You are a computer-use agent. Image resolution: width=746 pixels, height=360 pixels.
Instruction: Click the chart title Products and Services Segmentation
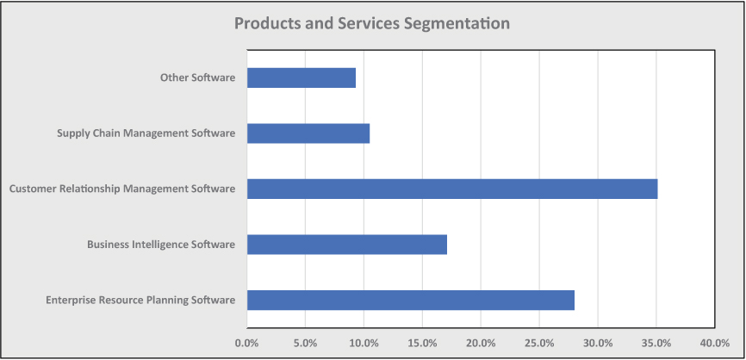372,23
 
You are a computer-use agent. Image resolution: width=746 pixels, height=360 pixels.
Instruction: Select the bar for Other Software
302,78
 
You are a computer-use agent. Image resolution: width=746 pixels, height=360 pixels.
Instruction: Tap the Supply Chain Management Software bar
308,133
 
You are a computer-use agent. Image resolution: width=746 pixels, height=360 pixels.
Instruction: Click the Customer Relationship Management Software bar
452,189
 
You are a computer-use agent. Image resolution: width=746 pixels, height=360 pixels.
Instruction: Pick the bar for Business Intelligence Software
347,245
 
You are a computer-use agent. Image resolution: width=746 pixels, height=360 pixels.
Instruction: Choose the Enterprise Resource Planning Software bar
411,300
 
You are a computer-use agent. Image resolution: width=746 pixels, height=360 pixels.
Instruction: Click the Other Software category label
197,78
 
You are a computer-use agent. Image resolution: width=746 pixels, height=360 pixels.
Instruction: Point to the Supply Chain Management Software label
146,133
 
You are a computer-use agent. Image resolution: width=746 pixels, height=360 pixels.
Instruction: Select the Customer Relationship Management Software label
122,189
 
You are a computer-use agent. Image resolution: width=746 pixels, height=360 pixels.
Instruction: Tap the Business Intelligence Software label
161,245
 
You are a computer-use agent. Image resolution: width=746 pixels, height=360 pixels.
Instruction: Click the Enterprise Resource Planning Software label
140,300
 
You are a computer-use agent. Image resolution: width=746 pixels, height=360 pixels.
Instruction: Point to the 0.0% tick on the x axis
247,343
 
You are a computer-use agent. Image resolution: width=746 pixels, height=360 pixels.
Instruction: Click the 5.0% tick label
306,343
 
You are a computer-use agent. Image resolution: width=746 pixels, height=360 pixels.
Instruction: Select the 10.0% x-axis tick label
364,343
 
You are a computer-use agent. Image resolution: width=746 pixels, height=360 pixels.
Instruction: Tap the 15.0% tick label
423,343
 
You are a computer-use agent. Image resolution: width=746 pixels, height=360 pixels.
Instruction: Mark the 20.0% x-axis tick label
481,343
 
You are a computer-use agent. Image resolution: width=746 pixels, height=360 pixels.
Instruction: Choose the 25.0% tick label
539,343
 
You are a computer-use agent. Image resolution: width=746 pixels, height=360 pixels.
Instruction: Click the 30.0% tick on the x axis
598,343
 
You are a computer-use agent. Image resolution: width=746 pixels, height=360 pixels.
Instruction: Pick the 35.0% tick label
656,343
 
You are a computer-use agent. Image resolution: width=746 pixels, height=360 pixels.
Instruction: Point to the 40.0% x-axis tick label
715,343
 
